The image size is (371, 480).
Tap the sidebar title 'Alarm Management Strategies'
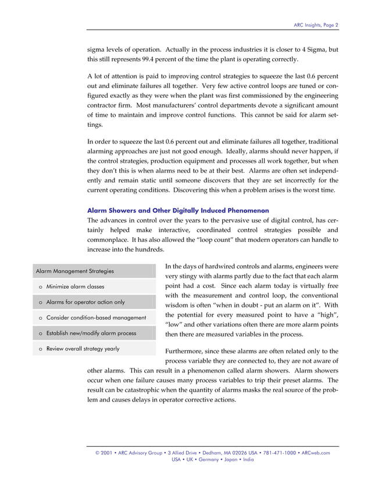[75, 271]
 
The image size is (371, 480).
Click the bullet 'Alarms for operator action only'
[85, 302]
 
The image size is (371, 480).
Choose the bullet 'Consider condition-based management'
[96, 318]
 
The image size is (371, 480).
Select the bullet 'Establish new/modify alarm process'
[91, 333]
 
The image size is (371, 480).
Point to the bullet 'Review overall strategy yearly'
[83, 349]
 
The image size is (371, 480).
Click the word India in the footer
[248, 460]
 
